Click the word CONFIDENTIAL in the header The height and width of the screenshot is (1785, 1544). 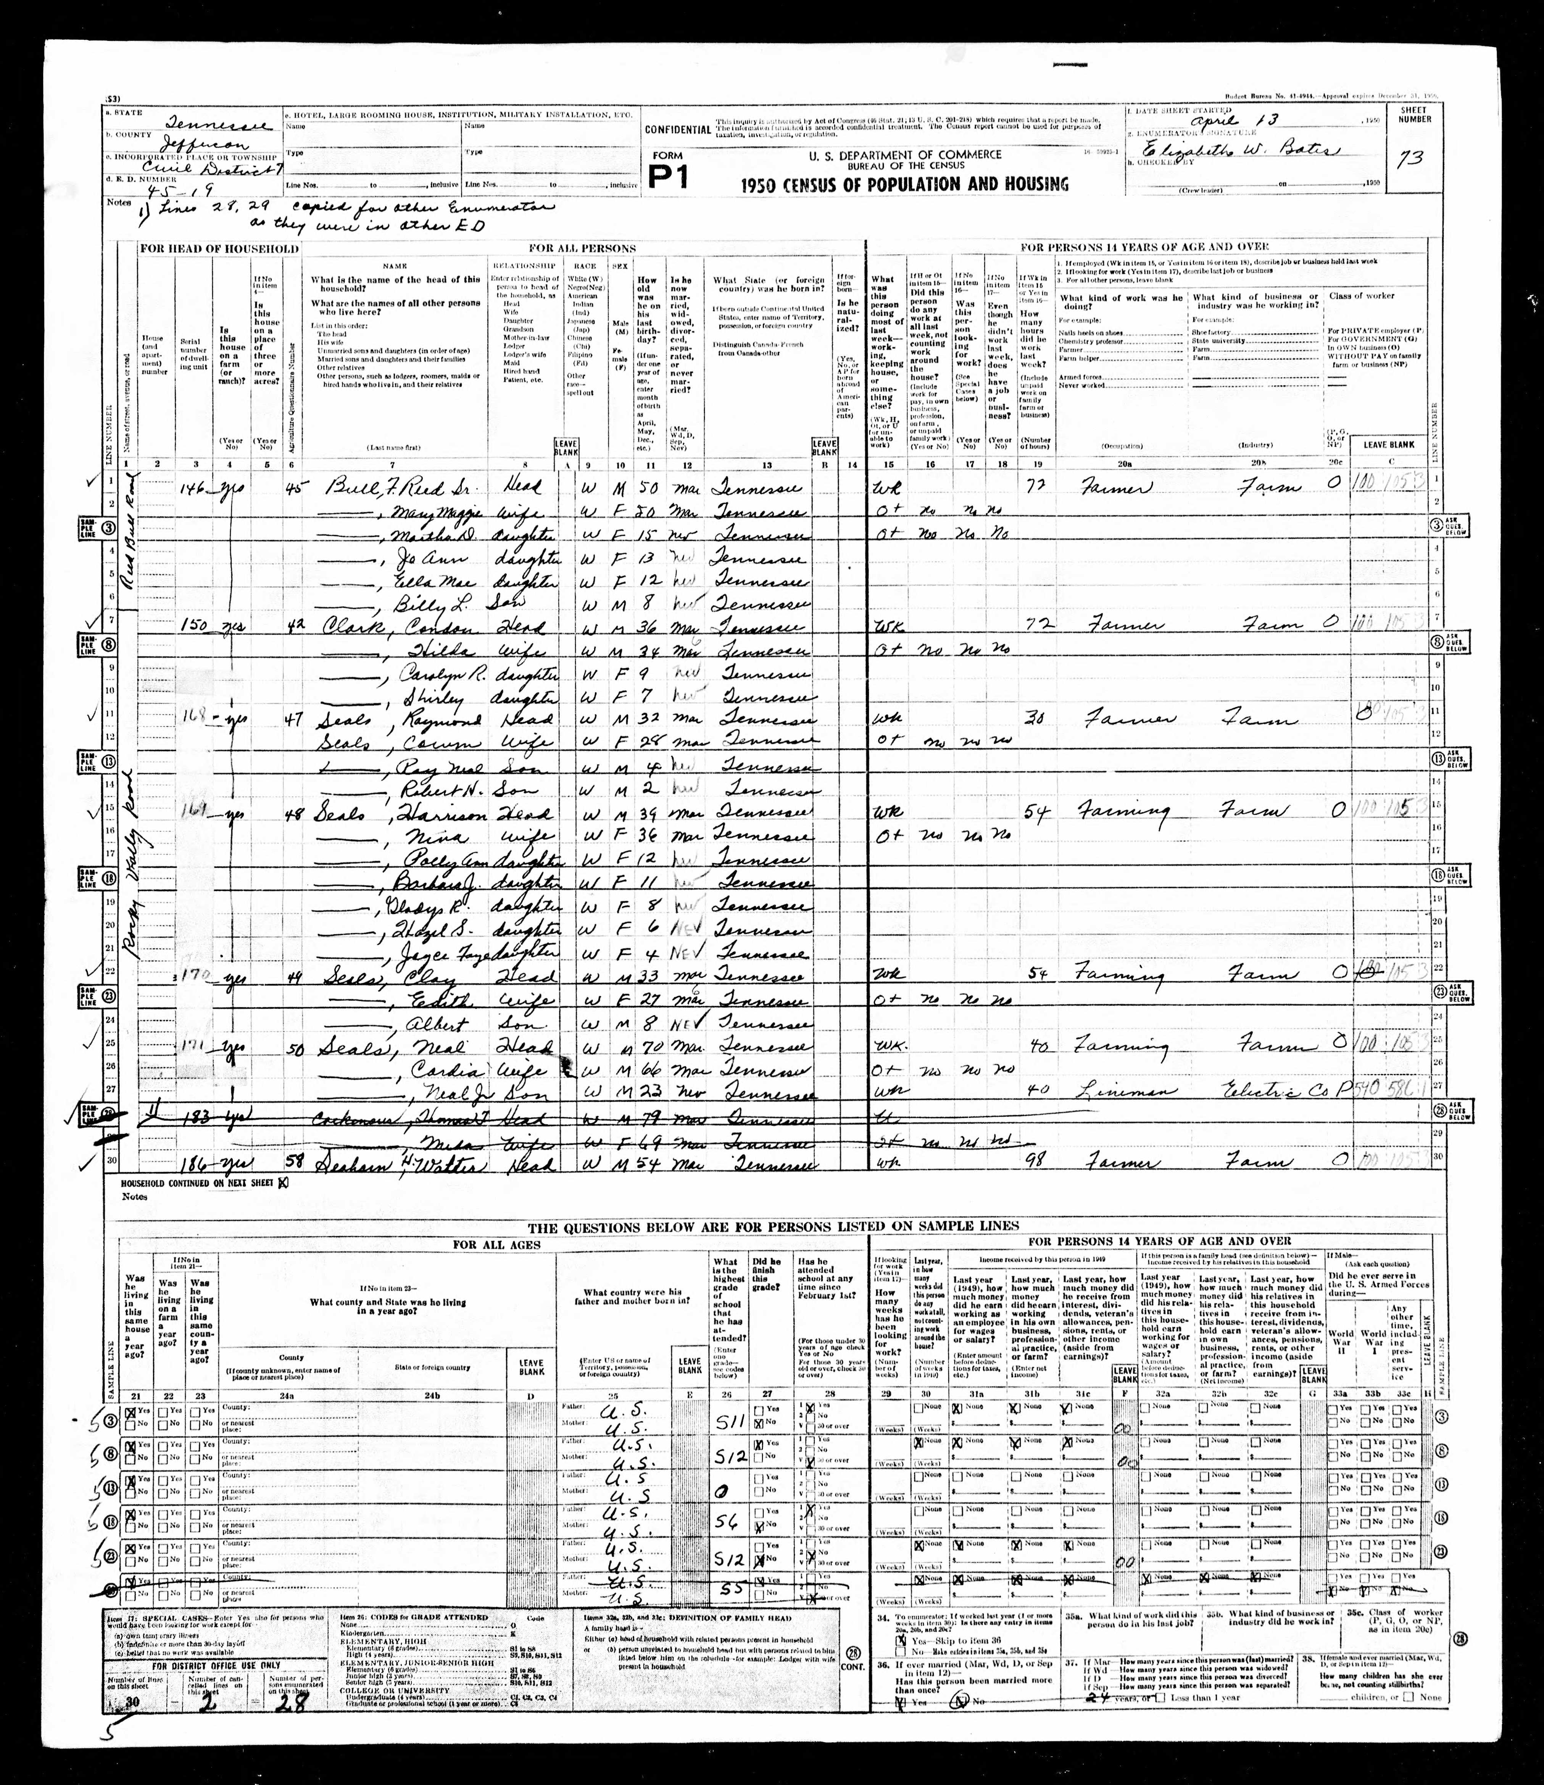(x=678, y=130)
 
